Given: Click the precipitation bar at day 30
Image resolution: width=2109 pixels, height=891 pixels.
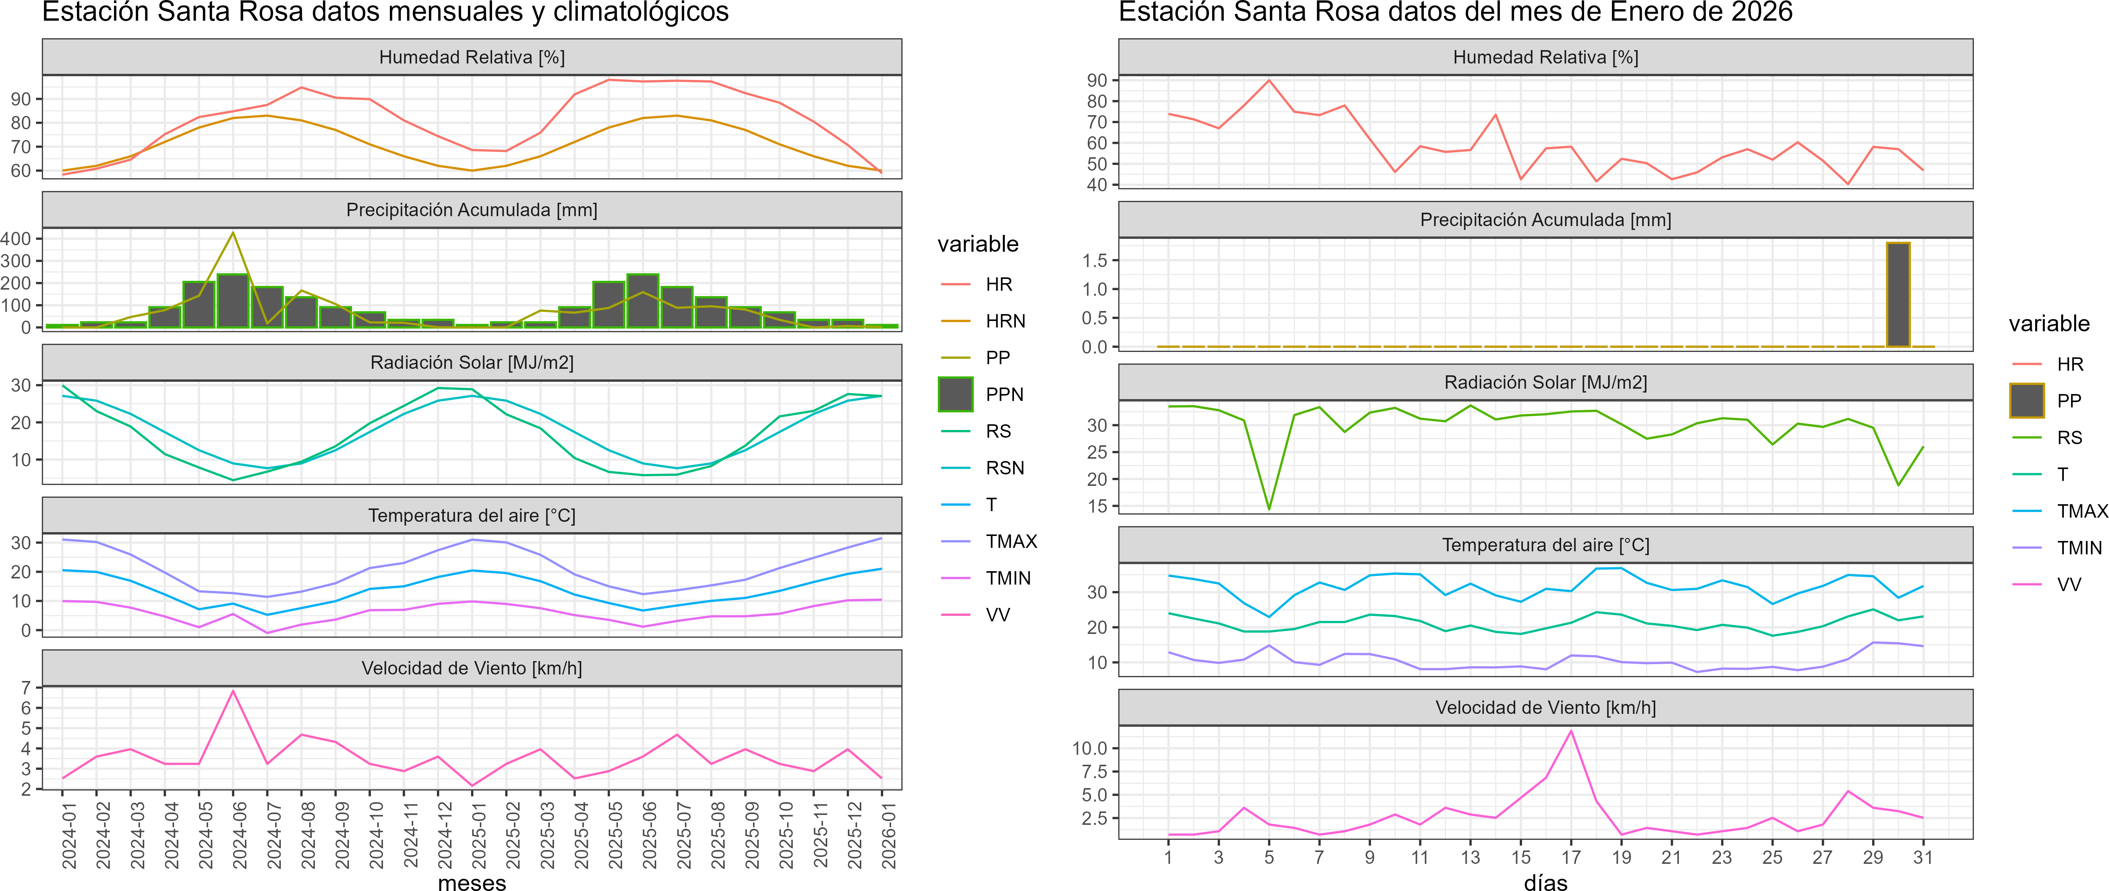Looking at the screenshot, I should click(x=1898, y=295).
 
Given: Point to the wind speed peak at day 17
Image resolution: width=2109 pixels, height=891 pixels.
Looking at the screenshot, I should click(x=1570, y=730).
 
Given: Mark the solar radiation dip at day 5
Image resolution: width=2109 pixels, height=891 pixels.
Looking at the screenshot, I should click(x=1269, y=508).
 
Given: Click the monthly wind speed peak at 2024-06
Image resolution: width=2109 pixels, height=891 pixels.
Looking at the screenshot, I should click(x=233, y=691).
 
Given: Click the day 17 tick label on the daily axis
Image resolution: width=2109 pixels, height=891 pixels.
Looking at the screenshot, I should click(x=1570, y=857).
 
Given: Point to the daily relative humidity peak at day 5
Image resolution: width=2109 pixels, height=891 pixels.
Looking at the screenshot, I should click(x=1269, y=80).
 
